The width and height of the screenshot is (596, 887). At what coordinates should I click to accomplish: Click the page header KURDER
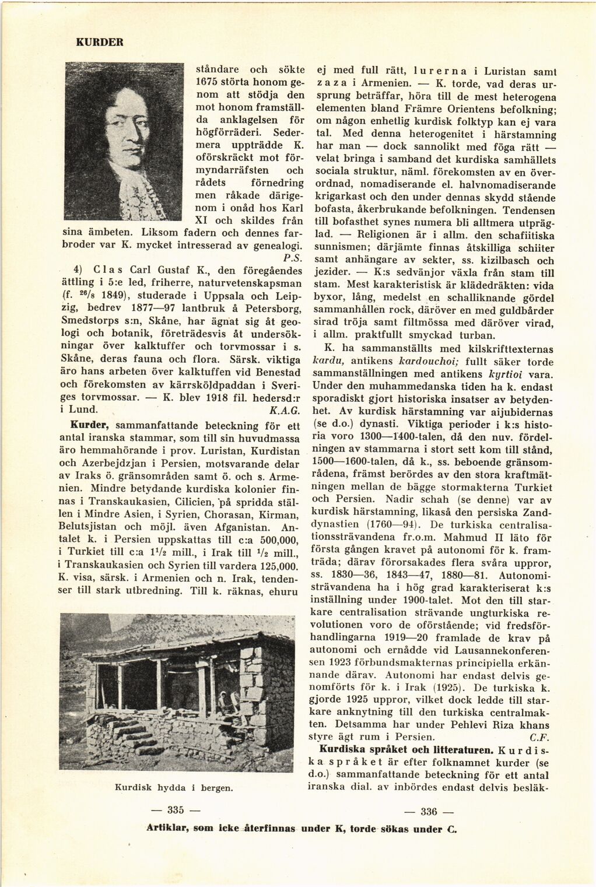tap(99, 42)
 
